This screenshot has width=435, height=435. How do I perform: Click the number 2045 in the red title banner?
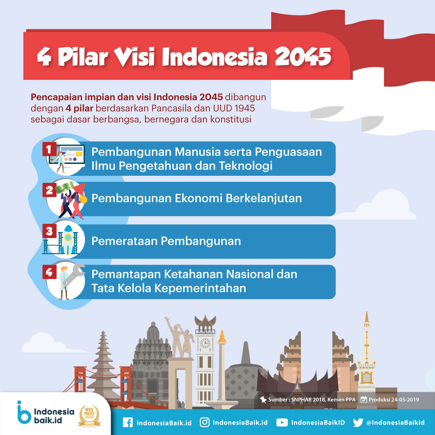click(303, 57)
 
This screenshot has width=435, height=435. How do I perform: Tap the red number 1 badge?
click(50, 149)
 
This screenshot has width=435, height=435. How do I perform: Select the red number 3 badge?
click(50, 231)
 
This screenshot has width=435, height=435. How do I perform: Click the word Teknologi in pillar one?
click(246, 166)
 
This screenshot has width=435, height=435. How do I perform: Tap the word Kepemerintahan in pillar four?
click(200, 288)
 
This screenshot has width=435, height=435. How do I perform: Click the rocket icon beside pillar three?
click(68, 239)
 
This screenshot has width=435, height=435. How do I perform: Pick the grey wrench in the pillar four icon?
click(74, 274)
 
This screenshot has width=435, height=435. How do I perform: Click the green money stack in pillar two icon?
click(64, 187)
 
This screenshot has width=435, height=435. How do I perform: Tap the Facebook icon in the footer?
click(128, 423)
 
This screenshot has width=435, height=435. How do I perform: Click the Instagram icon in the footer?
click(205, 422)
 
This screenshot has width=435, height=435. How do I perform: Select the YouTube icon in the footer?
click(282, 423)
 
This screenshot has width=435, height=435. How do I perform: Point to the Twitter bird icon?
click(358, 423)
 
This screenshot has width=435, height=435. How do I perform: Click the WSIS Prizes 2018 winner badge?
click(89, 416)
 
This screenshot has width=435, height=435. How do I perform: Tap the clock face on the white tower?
click(205, 343)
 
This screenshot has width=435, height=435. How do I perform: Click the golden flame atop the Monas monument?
click(222, 336)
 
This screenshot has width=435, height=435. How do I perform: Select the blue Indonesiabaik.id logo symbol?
click(24, 412)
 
